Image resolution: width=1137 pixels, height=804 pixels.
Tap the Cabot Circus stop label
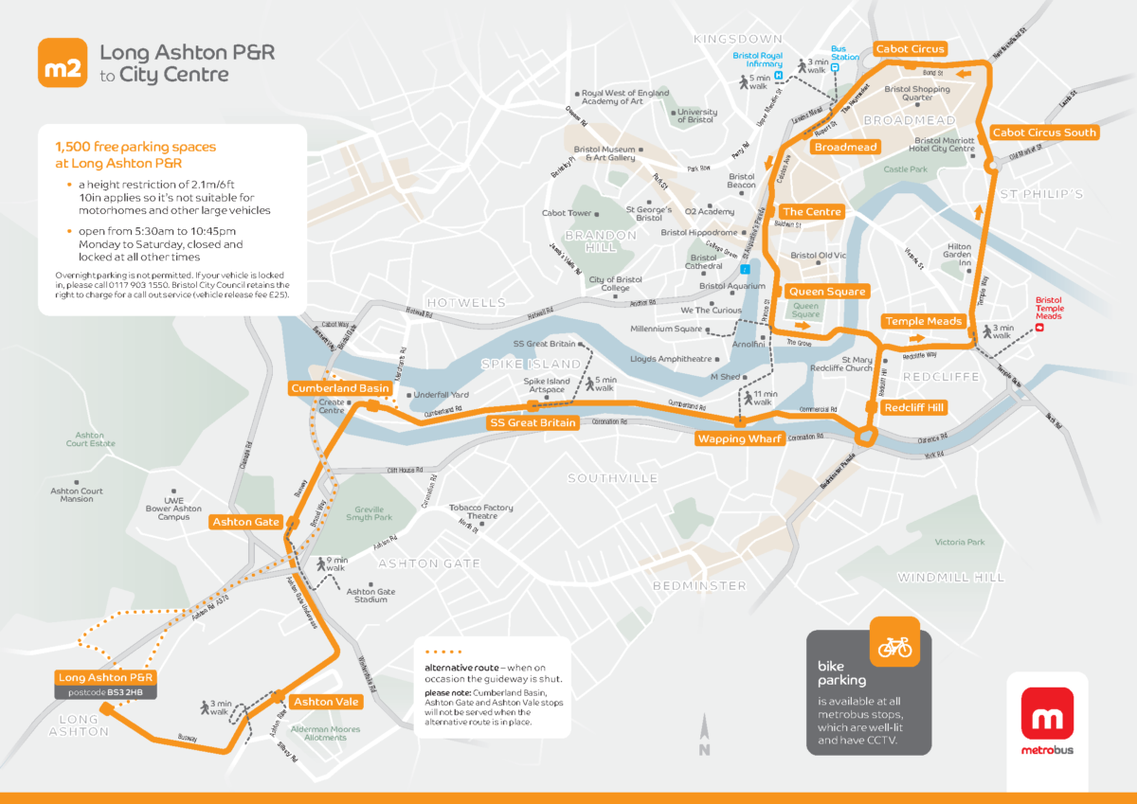click(x=910, y=49)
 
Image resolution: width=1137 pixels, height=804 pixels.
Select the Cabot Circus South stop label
click(x=1043, y=133)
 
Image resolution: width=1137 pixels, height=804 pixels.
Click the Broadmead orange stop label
click(x=846, y=147)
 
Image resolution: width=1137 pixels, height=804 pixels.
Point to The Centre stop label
click(x=812, y=212)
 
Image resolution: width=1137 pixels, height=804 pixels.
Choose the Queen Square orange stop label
click(x=826, y=292)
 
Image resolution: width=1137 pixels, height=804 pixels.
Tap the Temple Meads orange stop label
click(x=923, y=322)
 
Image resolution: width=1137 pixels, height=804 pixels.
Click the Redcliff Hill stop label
click(x=913, y=408)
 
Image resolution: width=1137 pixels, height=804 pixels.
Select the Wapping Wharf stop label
click(x=739, y=438)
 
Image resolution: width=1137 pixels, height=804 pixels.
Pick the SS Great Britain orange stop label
click(x=532, y=422)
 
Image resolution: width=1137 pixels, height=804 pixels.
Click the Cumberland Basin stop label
click(x=339, y=388)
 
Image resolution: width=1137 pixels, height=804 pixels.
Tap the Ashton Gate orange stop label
click(x=245, y=522)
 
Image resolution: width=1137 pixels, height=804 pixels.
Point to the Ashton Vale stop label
click(x=325, y=702)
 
